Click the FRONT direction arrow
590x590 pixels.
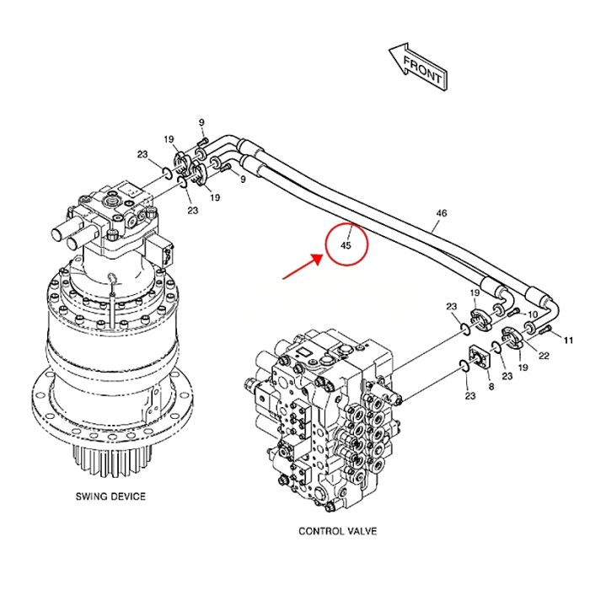(x=418, y=67)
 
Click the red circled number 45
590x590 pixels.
(x=346, y=245)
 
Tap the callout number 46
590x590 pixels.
(x=442, y=213)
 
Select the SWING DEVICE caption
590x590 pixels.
(x=110, y=496)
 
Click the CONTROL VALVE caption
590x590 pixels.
(x=337, y=531)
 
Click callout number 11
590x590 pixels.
(x=568, y=341)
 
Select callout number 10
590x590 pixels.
(x=533, y=314)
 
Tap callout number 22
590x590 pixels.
(x=544, y=355)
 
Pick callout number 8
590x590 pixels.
(x=491, y=386)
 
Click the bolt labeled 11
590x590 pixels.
(x=545, y=330)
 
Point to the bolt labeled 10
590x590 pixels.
(x=513, y=312)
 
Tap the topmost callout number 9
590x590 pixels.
(x=201, y=122)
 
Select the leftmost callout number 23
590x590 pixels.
(x=142, y=154)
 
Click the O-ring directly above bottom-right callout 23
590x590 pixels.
(x=464, y=365)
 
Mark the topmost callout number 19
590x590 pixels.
(x=169, y=140)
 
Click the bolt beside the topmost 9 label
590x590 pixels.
(x=202, y=142)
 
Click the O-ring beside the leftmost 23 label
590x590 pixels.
(x=167, y=173)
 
